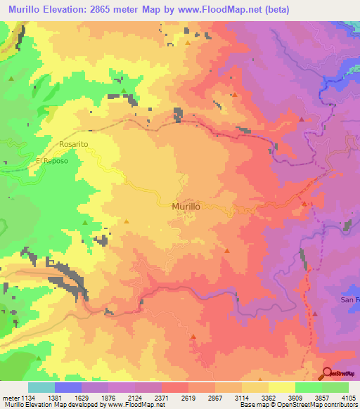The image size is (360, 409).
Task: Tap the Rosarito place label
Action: point(73,144)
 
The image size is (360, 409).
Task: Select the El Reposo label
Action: point(52,160)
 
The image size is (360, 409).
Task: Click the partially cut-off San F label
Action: point(349,300)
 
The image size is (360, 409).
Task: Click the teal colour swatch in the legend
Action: point(41,387)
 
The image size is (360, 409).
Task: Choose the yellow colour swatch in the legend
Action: point(281,387)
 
